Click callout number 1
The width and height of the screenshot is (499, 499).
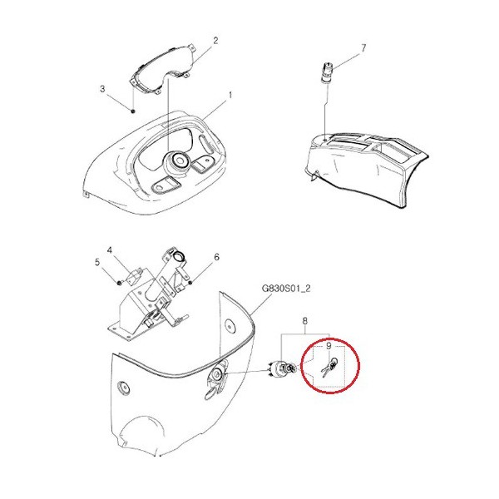(230, 95)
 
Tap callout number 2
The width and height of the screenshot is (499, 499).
(215, 41)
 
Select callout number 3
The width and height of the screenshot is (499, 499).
(102, 88)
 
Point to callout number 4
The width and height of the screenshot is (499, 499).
(110, 250)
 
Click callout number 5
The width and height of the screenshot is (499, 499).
(97, 262)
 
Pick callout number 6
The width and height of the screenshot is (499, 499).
(217, 257)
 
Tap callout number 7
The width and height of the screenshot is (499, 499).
(363, 48)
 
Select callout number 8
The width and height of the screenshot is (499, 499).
(305, 321)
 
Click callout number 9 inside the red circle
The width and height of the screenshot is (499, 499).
(329, 346)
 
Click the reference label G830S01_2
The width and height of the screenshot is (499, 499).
(286, 289)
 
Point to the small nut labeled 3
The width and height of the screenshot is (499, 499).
(133, 111)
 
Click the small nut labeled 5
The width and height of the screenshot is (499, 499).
(119, 283)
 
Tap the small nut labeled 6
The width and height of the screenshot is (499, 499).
(190, 283)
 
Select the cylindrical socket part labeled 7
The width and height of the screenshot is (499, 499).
(328, 73)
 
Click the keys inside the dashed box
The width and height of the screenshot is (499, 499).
(329, 367)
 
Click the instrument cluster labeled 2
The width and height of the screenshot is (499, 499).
(162, 70)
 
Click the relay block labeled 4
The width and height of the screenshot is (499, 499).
(135, 275)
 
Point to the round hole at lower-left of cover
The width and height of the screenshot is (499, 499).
(123, 388)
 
